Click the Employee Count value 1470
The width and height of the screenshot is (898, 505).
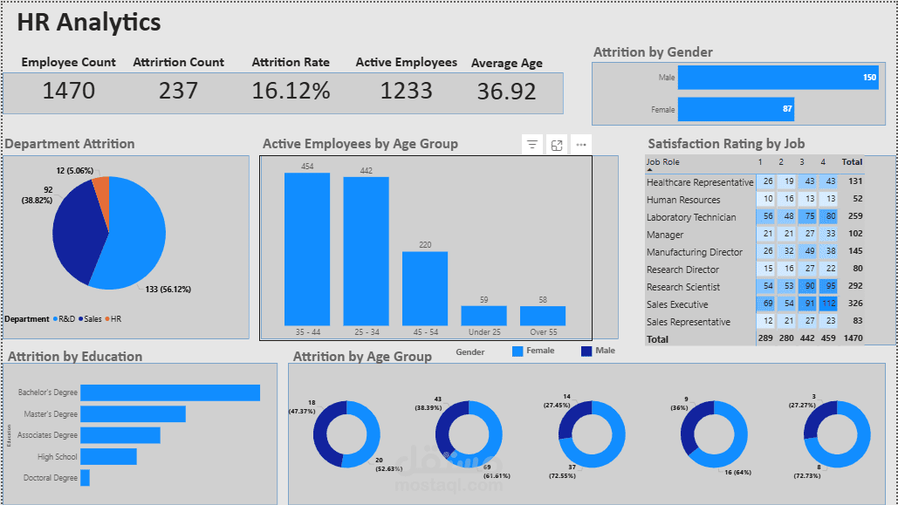point(69,91)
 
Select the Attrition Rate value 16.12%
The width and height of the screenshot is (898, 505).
point(291,91)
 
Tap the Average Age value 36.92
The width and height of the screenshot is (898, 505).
point(506,92)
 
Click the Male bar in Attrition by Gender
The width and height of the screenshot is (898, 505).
point(778,78)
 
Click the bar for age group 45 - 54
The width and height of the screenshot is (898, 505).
point(424,288)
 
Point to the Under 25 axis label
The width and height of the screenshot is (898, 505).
point(483,332)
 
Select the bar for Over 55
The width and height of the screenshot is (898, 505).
point(542,315)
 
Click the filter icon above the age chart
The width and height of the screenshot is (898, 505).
point(531,145)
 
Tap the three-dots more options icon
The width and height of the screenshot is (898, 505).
point(581,145)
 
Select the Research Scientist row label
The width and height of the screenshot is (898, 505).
point(682,287)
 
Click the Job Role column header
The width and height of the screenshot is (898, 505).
point(662,162)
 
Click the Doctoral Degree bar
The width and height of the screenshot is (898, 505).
point(85,478)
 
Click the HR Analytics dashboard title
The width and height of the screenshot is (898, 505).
point(89,23)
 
